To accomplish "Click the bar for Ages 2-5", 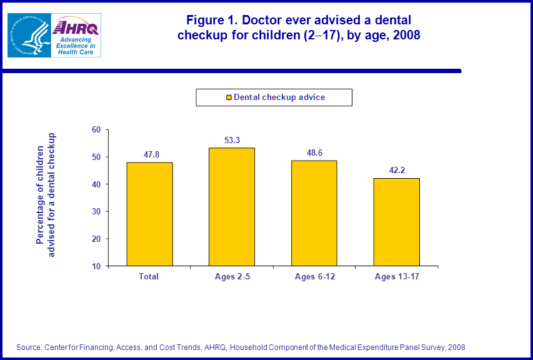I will pyautogui.click(x=231, y=207).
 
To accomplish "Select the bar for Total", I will pyautogui.click(x=149, y=214).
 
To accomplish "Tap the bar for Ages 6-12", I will pyautogui.click(x=314, y=213).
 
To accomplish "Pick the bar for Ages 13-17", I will pyautogui.click(x=396, y=222).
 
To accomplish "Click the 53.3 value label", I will pyautogui.click(x=232, y=140).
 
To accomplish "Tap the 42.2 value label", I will pyautogui.click(x=397, y=169).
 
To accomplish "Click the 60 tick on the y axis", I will pyautogui.click(x=96, y=130).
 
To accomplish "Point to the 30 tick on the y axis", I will pyautogui.click(x=96, y=211).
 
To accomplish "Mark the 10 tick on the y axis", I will pyautogui.click(x=96, y=266).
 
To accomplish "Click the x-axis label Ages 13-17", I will pyautogui.click(x=396, y=276).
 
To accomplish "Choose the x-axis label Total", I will pyautogui.click(x=149, y=276).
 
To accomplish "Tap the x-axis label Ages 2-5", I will pyautogui.click(x=231, y=276).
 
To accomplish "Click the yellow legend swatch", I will pyautogui.click(x=229, y=97).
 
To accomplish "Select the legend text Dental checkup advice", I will pyautogui.click(x=279, y=97).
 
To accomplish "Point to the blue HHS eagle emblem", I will pyautogui.click(x=28, y=35).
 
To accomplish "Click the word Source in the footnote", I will pyautogui.click(x=29, y=347).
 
